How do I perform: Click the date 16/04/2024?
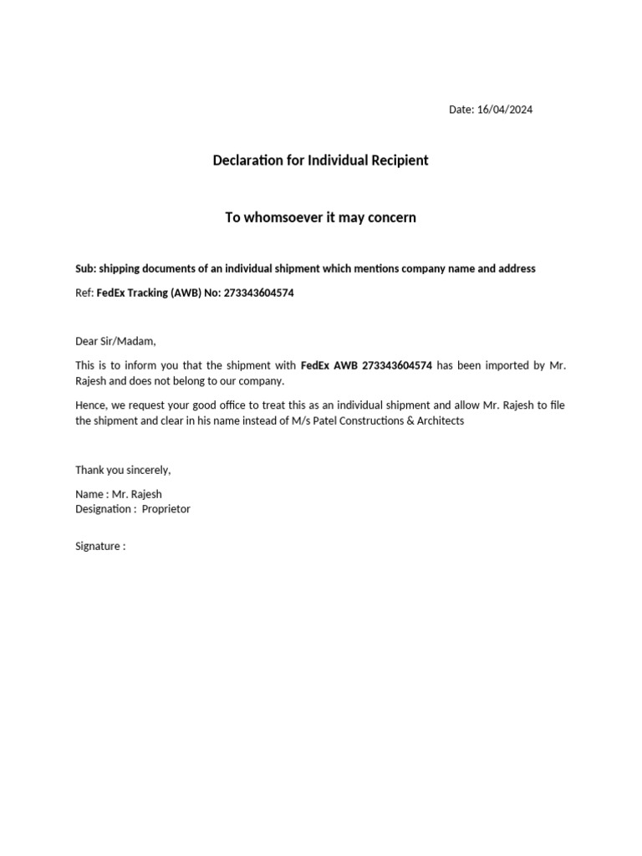pos(505,110)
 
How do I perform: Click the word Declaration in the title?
pos(247,160)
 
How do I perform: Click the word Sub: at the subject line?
pos(85,268)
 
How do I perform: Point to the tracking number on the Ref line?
pos(258,293)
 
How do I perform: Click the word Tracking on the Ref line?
pos(148,293)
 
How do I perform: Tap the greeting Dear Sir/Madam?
pos(115,341)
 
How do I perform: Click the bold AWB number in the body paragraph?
pos(397,365)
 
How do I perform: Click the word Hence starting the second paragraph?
pos(90,405)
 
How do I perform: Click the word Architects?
pos(438,420)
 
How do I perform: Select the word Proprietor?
pos(166,509)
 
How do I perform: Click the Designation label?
pos(104,509)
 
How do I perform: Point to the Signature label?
pos(99,547)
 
